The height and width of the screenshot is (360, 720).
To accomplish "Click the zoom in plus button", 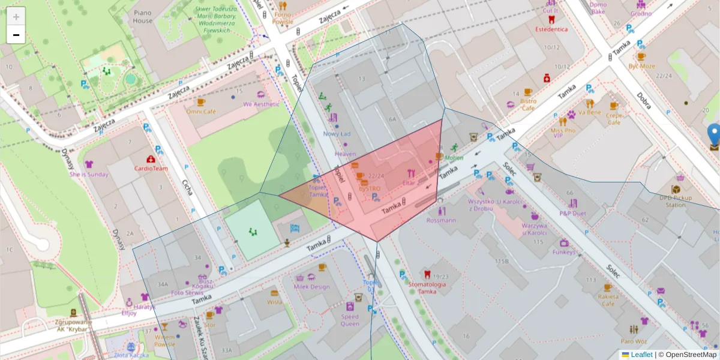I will point(16,16).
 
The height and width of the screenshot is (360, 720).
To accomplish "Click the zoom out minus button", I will point(16,35).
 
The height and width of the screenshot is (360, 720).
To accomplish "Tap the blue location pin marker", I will point(714,134).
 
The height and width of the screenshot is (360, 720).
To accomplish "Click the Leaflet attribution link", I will point(641,355).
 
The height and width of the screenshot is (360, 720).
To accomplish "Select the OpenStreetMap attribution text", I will point(691,355).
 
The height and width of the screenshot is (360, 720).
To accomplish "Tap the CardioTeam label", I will point(151,169).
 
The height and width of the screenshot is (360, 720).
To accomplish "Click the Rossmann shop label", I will point(442,220).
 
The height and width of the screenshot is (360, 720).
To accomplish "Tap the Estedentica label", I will point(551,29).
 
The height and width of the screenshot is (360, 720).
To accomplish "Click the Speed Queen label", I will point(350,320).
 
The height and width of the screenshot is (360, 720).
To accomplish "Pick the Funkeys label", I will point(564,253).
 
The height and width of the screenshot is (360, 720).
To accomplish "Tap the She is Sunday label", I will point(89,175).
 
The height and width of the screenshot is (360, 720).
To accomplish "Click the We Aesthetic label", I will point(261,104).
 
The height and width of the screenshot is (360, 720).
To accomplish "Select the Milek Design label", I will point(311,287).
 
